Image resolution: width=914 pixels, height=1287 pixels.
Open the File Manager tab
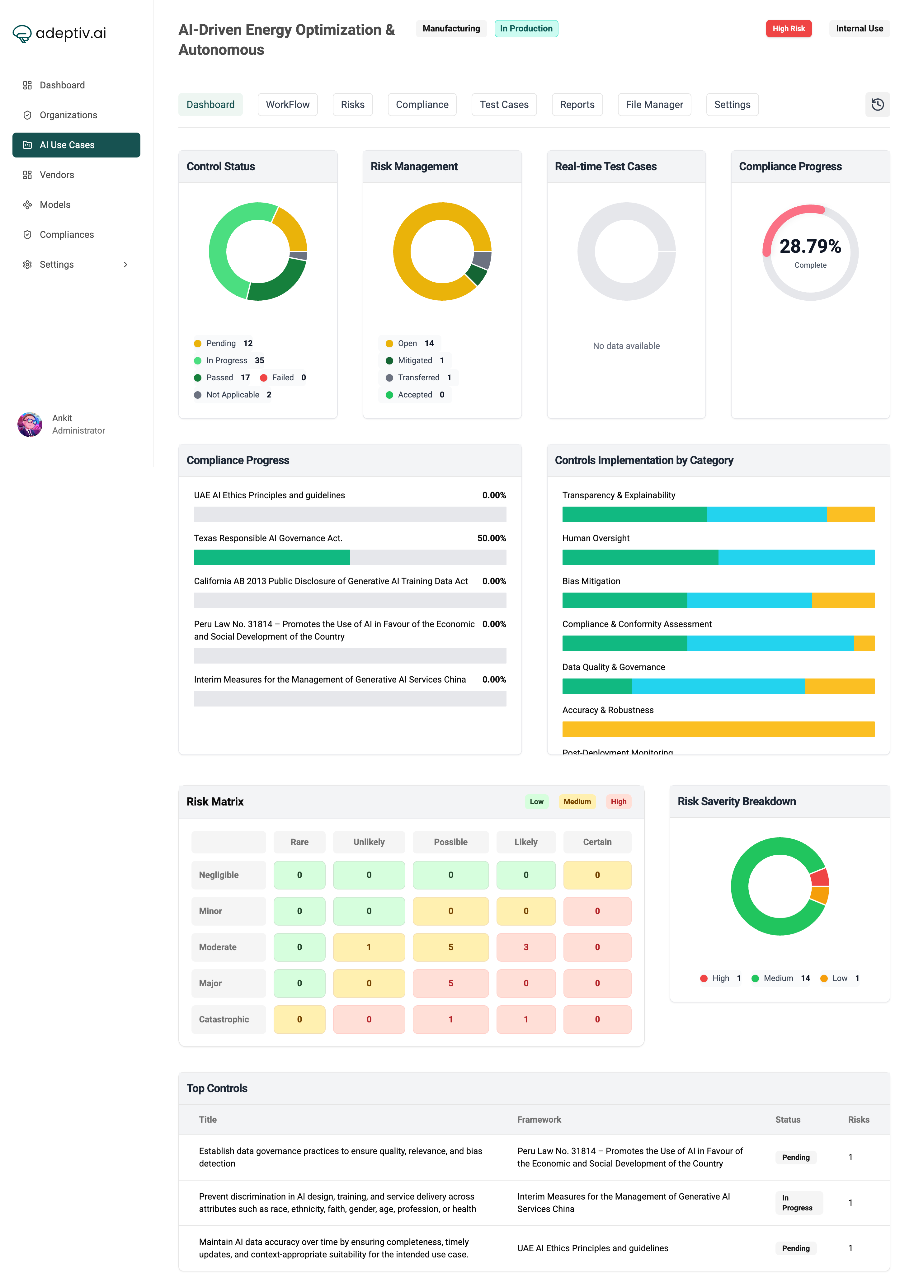click(x=654, y=105)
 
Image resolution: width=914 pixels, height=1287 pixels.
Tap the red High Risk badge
click(x=788, y=29)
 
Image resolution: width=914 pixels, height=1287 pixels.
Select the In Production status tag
click(x=526, y=29)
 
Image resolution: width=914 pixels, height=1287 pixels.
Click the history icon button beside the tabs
click(x=877, y=105)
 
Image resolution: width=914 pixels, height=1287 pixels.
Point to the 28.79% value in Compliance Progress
click(x=810, y=247)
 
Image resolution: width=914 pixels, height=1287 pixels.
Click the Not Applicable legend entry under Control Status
click(x=233, y=395)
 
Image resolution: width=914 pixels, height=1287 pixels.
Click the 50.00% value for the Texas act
click(x=491, y=538)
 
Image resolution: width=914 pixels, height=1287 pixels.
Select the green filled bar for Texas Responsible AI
click(x=272, y=558)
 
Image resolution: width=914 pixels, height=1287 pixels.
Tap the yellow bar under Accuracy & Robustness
click(x=718, y=729)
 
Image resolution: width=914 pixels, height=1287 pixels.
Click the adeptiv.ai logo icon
click(x=22, y=34)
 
